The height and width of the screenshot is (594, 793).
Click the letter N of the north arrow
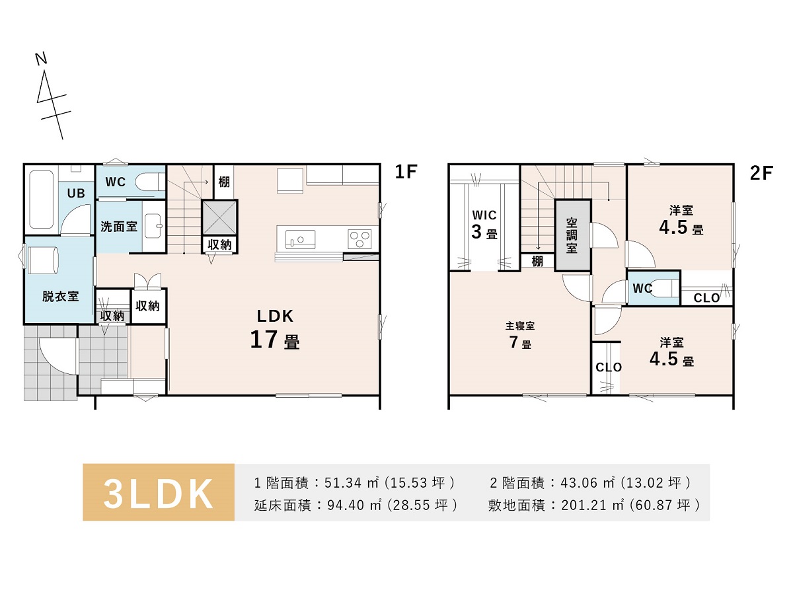(x=42, y=59)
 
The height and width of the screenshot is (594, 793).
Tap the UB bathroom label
(x=76, y=194)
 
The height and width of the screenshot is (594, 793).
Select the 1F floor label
(x=406, y=172)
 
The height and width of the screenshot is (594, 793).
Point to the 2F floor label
(x=761, y=173)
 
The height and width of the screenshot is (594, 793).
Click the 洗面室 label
(x=119, y=227)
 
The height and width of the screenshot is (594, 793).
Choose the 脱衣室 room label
(x=60, y=297)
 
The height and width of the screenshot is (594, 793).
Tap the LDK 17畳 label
(x=275, y=329)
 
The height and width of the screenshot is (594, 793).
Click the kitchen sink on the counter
(x=300, y=239)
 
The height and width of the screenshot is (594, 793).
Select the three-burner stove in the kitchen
(x=359, y=239)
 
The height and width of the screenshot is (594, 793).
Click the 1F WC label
(x=116, y=182)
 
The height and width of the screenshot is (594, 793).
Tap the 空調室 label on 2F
(x=572, y=235)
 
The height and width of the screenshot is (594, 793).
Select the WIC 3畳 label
(x=484, y=225)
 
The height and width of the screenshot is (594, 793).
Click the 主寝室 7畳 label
(x=520, y=336)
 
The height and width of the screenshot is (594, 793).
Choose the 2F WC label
(x=642, y=288)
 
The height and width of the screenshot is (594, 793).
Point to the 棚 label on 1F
(x=224, y=182)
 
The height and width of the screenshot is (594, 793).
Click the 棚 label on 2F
(x=537, y=261)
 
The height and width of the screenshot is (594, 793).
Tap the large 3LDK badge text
(x=158, y=494)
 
